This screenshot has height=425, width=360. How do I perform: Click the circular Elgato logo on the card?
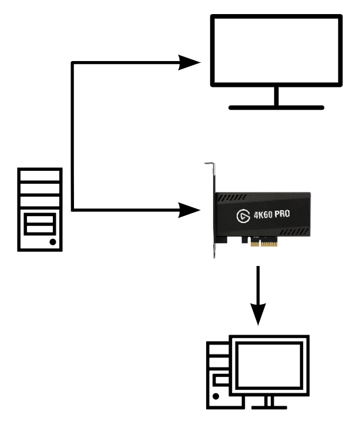[242, 216]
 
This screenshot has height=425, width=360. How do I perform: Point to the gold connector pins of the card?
[263, 242]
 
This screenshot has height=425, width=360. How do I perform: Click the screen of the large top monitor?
[276, 52]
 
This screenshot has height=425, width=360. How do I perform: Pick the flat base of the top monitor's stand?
[276, 107]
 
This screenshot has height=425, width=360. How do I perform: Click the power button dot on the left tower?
[53, 241]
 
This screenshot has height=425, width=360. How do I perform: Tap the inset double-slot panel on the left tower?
[39, 223]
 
